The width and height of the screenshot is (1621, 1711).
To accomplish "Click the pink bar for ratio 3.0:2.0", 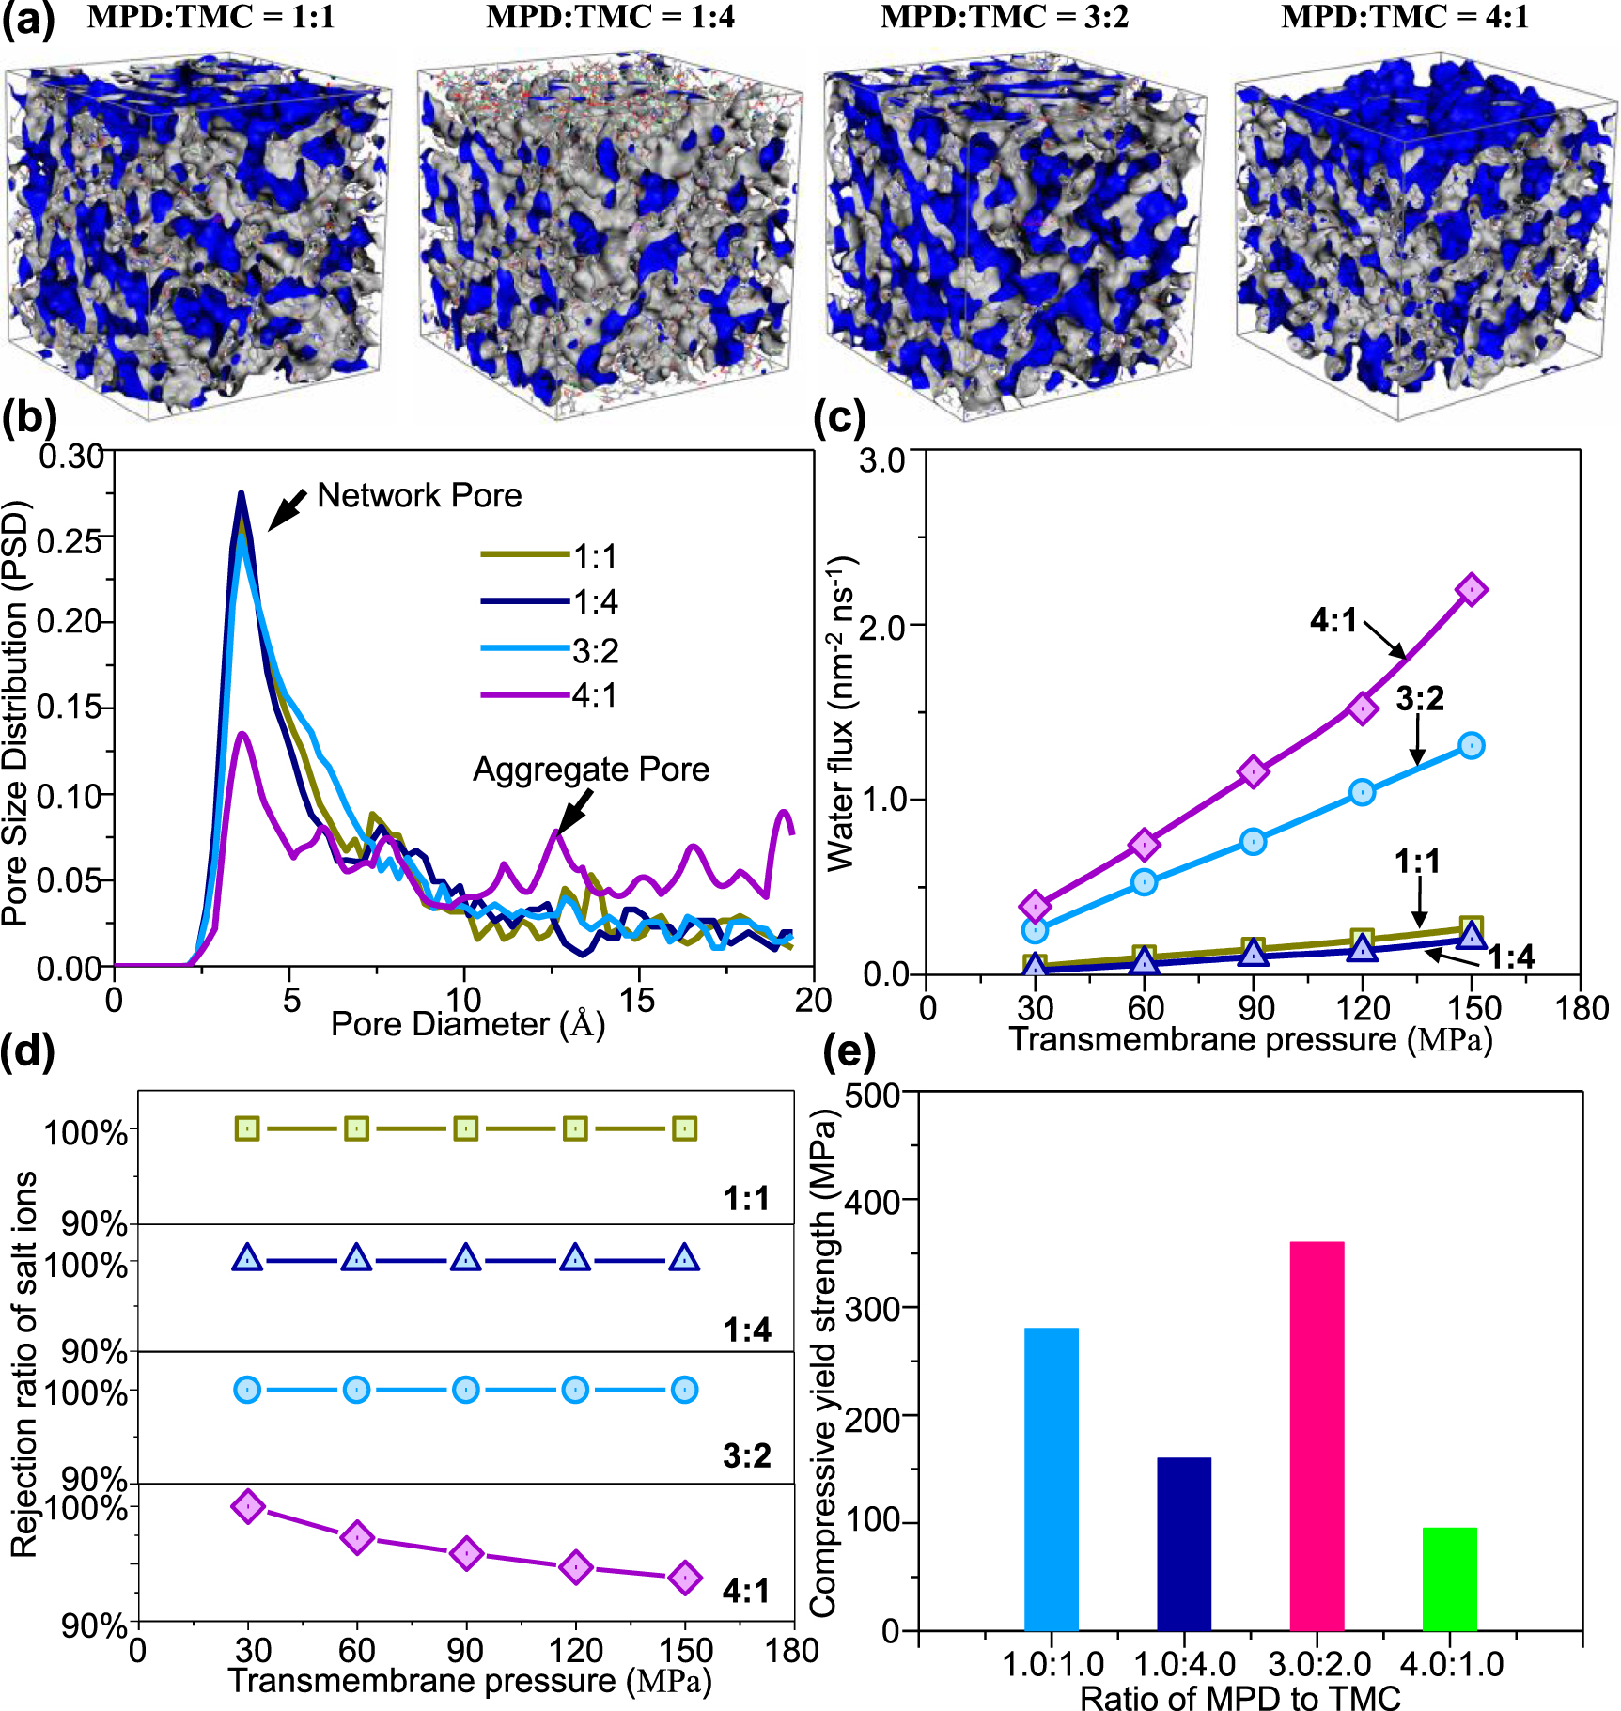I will pyautogui.click(x=1317, y=1438).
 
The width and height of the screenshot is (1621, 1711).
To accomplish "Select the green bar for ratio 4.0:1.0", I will pyautogui.click(x=1449, y=1580).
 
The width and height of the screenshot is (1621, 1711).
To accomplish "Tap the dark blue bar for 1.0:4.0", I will pyautogui.click(x=1184, y=1546).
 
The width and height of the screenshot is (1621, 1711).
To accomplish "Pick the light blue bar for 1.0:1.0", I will pyautogui.click(x=1051, y=1480).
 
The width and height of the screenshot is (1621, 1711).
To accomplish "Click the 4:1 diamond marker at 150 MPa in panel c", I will pyautogui.click(x=1472, y=590).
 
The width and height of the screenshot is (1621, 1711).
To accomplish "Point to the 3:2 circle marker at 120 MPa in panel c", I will pyautogui.click(x=1363, y=792).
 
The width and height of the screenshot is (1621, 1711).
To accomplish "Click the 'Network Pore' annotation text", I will pyautogui.click(x=419, y=495).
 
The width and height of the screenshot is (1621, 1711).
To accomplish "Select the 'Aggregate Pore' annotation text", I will pyautogui.click(x=590, y=770).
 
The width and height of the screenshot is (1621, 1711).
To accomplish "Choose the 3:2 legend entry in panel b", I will pyautogui.click(x=550, y=649).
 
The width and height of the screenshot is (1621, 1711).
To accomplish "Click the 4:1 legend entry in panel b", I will pyautogui.click(x=550, y=695).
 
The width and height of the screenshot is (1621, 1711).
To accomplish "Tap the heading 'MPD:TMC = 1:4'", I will pyautogui.click(x=610, y=18).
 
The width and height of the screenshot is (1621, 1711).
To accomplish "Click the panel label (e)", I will pyautogui.click(x=849, y=1051).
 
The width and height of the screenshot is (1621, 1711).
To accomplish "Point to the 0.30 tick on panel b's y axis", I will pyautogui.click(x=71, y=457).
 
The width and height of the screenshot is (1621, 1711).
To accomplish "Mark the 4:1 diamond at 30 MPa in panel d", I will pyautogui.click(x=248, y=1506).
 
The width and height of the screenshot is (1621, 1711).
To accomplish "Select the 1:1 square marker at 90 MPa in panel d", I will pyautogui.click(x=466, y=1128).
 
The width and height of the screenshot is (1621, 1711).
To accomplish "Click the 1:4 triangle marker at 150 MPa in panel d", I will pyautogui.click(x=684, y=1258).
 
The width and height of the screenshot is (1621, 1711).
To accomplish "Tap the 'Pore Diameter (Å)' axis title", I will pyautogui.click(x=467, y=1024).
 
